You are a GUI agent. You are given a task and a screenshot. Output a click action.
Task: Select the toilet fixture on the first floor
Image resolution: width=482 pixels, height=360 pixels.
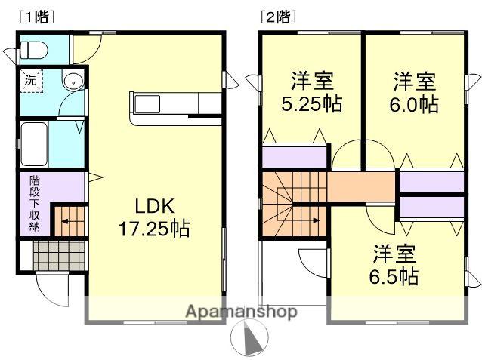[34, 50]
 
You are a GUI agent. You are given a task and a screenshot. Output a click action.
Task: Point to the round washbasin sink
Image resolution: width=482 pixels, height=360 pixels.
[73, 82]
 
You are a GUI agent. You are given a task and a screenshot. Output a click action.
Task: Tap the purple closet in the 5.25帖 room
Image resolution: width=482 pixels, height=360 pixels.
[295, 157]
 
